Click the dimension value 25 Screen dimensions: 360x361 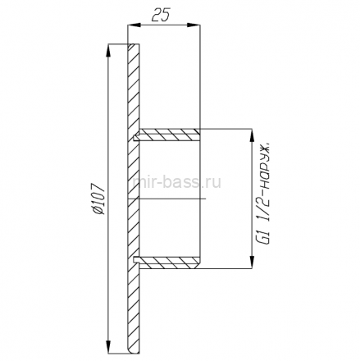161,15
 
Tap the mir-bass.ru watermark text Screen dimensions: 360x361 176,182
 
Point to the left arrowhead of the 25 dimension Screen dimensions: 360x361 134,25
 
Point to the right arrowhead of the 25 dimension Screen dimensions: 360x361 194,25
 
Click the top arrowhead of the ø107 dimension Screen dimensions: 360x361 108,51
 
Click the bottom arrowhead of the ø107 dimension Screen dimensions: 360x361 108,347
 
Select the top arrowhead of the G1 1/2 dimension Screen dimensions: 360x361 252,135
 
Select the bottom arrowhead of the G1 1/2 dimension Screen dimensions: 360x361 252,262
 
